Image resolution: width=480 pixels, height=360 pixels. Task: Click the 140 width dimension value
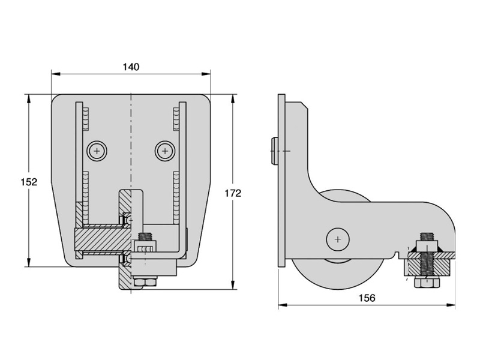[x=130, y=67]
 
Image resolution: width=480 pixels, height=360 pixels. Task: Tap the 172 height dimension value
[x=233, y=193]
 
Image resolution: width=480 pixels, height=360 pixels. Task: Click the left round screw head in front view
[x=97, y=150]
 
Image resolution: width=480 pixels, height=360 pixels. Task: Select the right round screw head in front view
[x=164, y=150]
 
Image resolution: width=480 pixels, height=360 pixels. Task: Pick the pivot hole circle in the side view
[x=338, y=240]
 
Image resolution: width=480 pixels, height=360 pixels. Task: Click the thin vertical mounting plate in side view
[x=282, y=180]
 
